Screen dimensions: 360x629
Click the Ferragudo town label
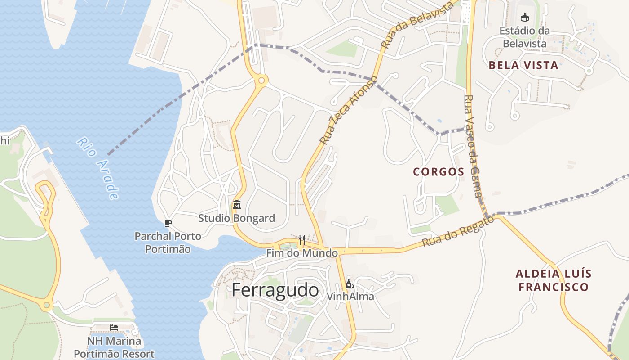click(275, 290)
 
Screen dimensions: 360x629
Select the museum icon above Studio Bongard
click(237, 205)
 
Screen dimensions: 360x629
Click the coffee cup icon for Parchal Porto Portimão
click(168, 222)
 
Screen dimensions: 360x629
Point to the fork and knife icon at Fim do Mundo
click(302, 239)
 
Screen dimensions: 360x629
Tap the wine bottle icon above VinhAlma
click(350, 284)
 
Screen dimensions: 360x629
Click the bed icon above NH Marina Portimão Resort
click(114, 327)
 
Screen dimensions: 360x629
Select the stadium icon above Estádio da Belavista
click(524, 18)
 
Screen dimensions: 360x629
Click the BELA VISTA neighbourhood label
click(523, 65)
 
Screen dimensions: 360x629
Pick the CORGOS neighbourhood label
click(439, 172)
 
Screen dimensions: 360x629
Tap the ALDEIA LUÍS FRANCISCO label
click(554, 280)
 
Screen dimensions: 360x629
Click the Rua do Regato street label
click(458, 231)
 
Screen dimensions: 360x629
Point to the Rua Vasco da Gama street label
click(473, 146)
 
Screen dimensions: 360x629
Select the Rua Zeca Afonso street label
click(349, 110)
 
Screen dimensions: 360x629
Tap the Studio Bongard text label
click(237, 219)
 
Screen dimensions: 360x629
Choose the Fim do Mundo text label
click(302, 253)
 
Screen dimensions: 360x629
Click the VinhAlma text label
click(350, 297)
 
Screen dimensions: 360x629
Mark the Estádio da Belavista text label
click(524, 37)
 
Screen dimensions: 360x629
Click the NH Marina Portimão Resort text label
click(114, 347)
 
